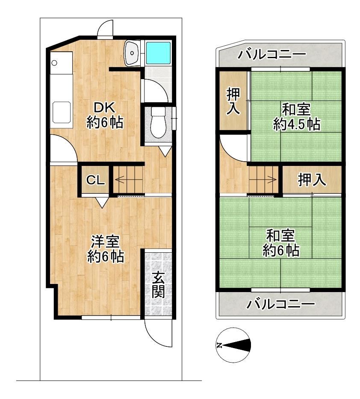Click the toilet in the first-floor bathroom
coord(158,123)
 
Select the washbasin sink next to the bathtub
coord(132,53)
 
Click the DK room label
coord(105,108)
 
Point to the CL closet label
coord(95,180)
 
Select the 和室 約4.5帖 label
coord(296,117)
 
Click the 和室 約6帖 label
coord(280,243)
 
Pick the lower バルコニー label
coord(280,304)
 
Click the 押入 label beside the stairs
coord(312,180)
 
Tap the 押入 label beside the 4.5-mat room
coord(233,101)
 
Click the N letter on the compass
coord(219,345)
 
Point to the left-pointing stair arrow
coord(129,180)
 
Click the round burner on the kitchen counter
coord(54,62)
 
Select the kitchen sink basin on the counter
coord(61,112)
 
